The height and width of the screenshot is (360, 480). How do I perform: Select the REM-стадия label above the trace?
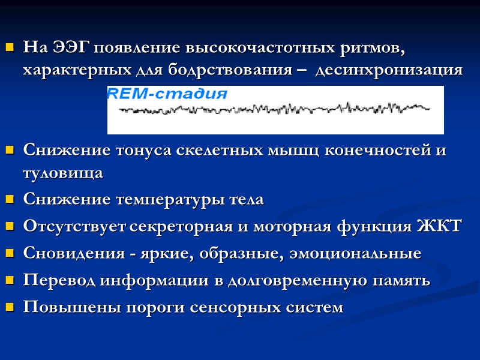click(167, 94)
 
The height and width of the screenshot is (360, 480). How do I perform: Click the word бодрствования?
click(240, 70)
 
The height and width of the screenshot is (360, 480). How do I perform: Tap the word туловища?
click(63, 173)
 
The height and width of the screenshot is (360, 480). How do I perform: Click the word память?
click(403, 281)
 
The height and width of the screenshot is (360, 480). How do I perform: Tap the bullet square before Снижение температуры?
click(9, 200)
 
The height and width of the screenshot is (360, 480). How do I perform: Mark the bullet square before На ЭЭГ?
click(9, 47)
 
